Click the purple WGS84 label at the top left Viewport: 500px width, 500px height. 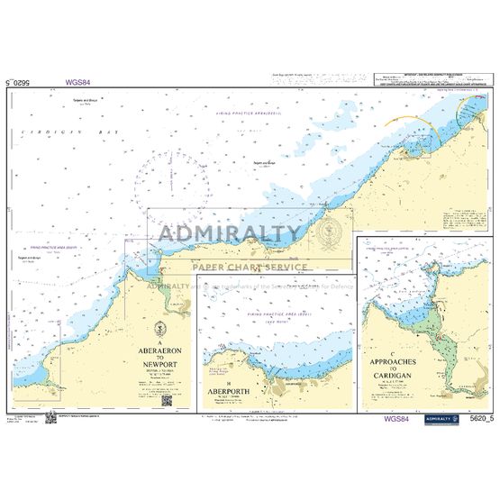pyautogui.click(x=77, y=82)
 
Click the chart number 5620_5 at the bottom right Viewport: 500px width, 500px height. pyautogui.click(x=477, y=419)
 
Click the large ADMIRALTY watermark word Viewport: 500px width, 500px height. pyautogui.click(x=231, y=235)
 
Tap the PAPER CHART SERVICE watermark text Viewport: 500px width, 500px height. pyautogui.click(x=250, y=266)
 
